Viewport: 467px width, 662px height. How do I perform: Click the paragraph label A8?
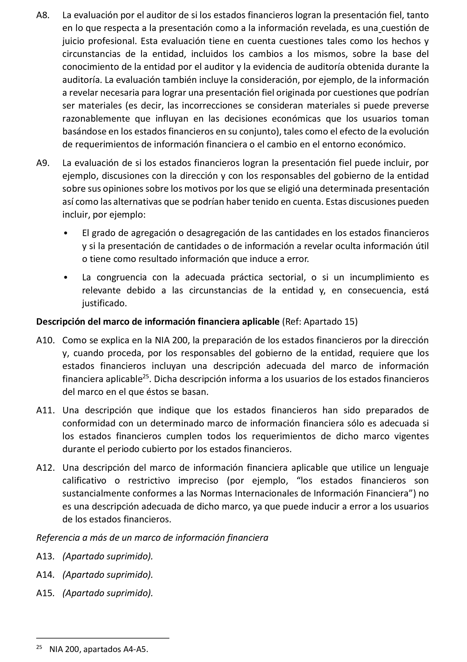click(43, 15)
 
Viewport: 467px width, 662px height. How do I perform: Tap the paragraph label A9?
click(43, 163)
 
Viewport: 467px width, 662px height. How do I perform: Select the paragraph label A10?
click(45, 340)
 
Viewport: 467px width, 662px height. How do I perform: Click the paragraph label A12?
click(45, 468)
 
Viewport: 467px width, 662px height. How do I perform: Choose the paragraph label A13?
click(45, 556)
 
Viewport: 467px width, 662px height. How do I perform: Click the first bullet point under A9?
click(66, 233)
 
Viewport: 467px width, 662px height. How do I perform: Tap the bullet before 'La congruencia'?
click(66, 277)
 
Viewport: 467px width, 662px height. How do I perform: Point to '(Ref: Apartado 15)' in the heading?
click(320, 321)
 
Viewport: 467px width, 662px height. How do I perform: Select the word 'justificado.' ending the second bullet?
click(105, 303)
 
